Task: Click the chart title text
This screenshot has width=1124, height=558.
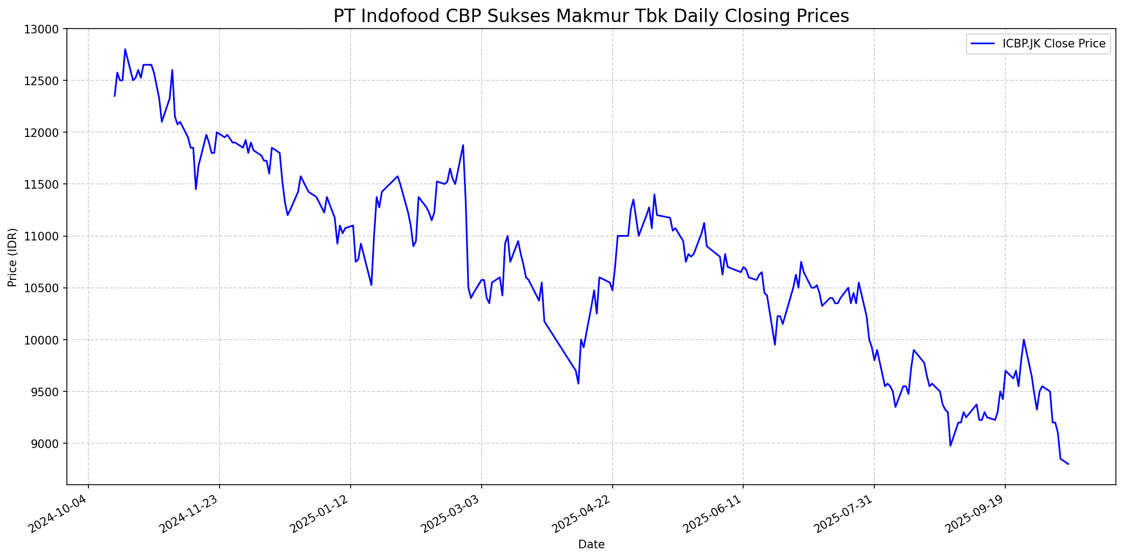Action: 591,16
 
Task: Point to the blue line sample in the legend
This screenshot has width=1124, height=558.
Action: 983,44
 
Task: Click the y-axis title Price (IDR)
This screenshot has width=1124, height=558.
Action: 12,257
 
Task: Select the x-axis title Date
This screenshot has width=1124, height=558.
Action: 591,545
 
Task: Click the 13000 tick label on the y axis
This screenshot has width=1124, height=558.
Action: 43,29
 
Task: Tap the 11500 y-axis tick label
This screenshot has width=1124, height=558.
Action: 43,184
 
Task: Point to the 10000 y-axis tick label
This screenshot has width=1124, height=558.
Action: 43,340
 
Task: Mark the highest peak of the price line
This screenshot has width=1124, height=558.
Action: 125,49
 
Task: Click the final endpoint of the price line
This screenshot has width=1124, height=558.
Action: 1068,464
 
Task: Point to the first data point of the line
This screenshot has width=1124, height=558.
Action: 114,96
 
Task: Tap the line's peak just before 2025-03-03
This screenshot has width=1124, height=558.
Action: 463,145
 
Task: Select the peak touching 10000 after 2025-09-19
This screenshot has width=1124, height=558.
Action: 1024,340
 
